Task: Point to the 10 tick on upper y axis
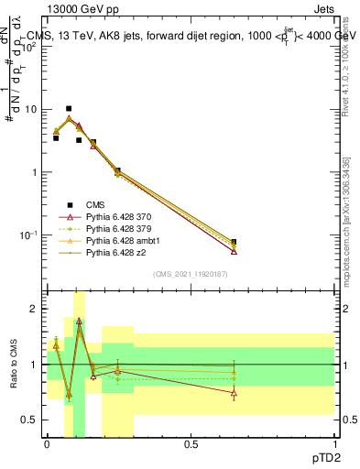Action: tap(33, 109)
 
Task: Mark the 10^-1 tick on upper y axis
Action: tap(31, 235)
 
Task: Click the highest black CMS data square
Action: tap(69, 108)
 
